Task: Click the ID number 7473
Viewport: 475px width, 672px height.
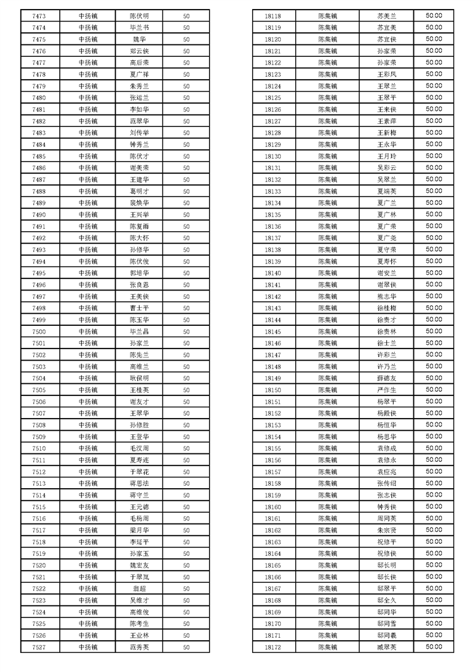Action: pos(39,16)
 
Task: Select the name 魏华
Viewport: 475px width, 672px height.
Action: pos(139,40)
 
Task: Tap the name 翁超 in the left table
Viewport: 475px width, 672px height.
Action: pos(139,589)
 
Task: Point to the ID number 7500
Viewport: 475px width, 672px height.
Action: pos(39,332)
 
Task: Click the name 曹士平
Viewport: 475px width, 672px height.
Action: pos(139,308)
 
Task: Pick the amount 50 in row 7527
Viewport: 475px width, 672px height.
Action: pos(186,647)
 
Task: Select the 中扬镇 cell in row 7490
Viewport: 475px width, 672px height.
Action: pos(88,215)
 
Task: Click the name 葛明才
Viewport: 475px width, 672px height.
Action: pos(139,192)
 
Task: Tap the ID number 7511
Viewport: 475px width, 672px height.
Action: pos(39,461)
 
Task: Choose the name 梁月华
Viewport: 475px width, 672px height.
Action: pos(139,531)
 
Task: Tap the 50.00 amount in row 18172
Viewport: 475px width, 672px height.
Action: pos(434,647)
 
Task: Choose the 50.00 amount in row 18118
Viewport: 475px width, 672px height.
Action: pos(434,16)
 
